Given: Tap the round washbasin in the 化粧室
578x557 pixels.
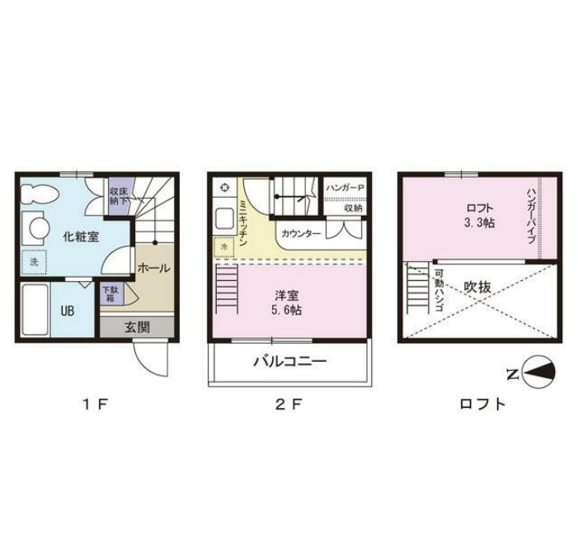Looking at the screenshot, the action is tap(39, 228).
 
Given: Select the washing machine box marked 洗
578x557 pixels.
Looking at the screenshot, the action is tap(34, 262).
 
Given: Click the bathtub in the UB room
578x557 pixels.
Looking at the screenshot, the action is tap(35, 310).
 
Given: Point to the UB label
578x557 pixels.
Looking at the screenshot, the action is tap(68, 311).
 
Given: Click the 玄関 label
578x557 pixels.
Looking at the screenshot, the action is tap(137, 327).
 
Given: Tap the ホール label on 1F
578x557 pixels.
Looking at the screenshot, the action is tap(153, 268).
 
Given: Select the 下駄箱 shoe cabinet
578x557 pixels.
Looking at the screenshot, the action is tap(112, 293).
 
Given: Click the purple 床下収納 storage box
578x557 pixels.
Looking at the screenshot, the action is tap(119, 197).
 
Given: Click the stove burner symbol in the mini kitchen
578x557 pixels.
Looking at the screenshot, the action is tap(225, 188).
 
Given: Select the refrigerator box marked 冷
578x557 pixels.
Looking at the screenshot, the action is tap(224, 247).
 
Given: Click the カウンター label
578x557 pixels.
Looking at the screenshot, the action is tap(301, 233).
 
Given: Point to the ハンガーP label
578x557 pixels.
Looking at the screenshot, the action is tap(345, 188).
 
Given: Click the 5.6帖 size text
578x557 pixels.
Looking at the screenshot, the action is tap(286, 310).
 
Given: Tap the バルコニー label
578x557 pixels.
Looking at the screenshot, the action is tap(290, 362).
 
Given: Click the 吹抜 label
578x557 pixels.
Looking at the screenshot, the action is tap(477, 288).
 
